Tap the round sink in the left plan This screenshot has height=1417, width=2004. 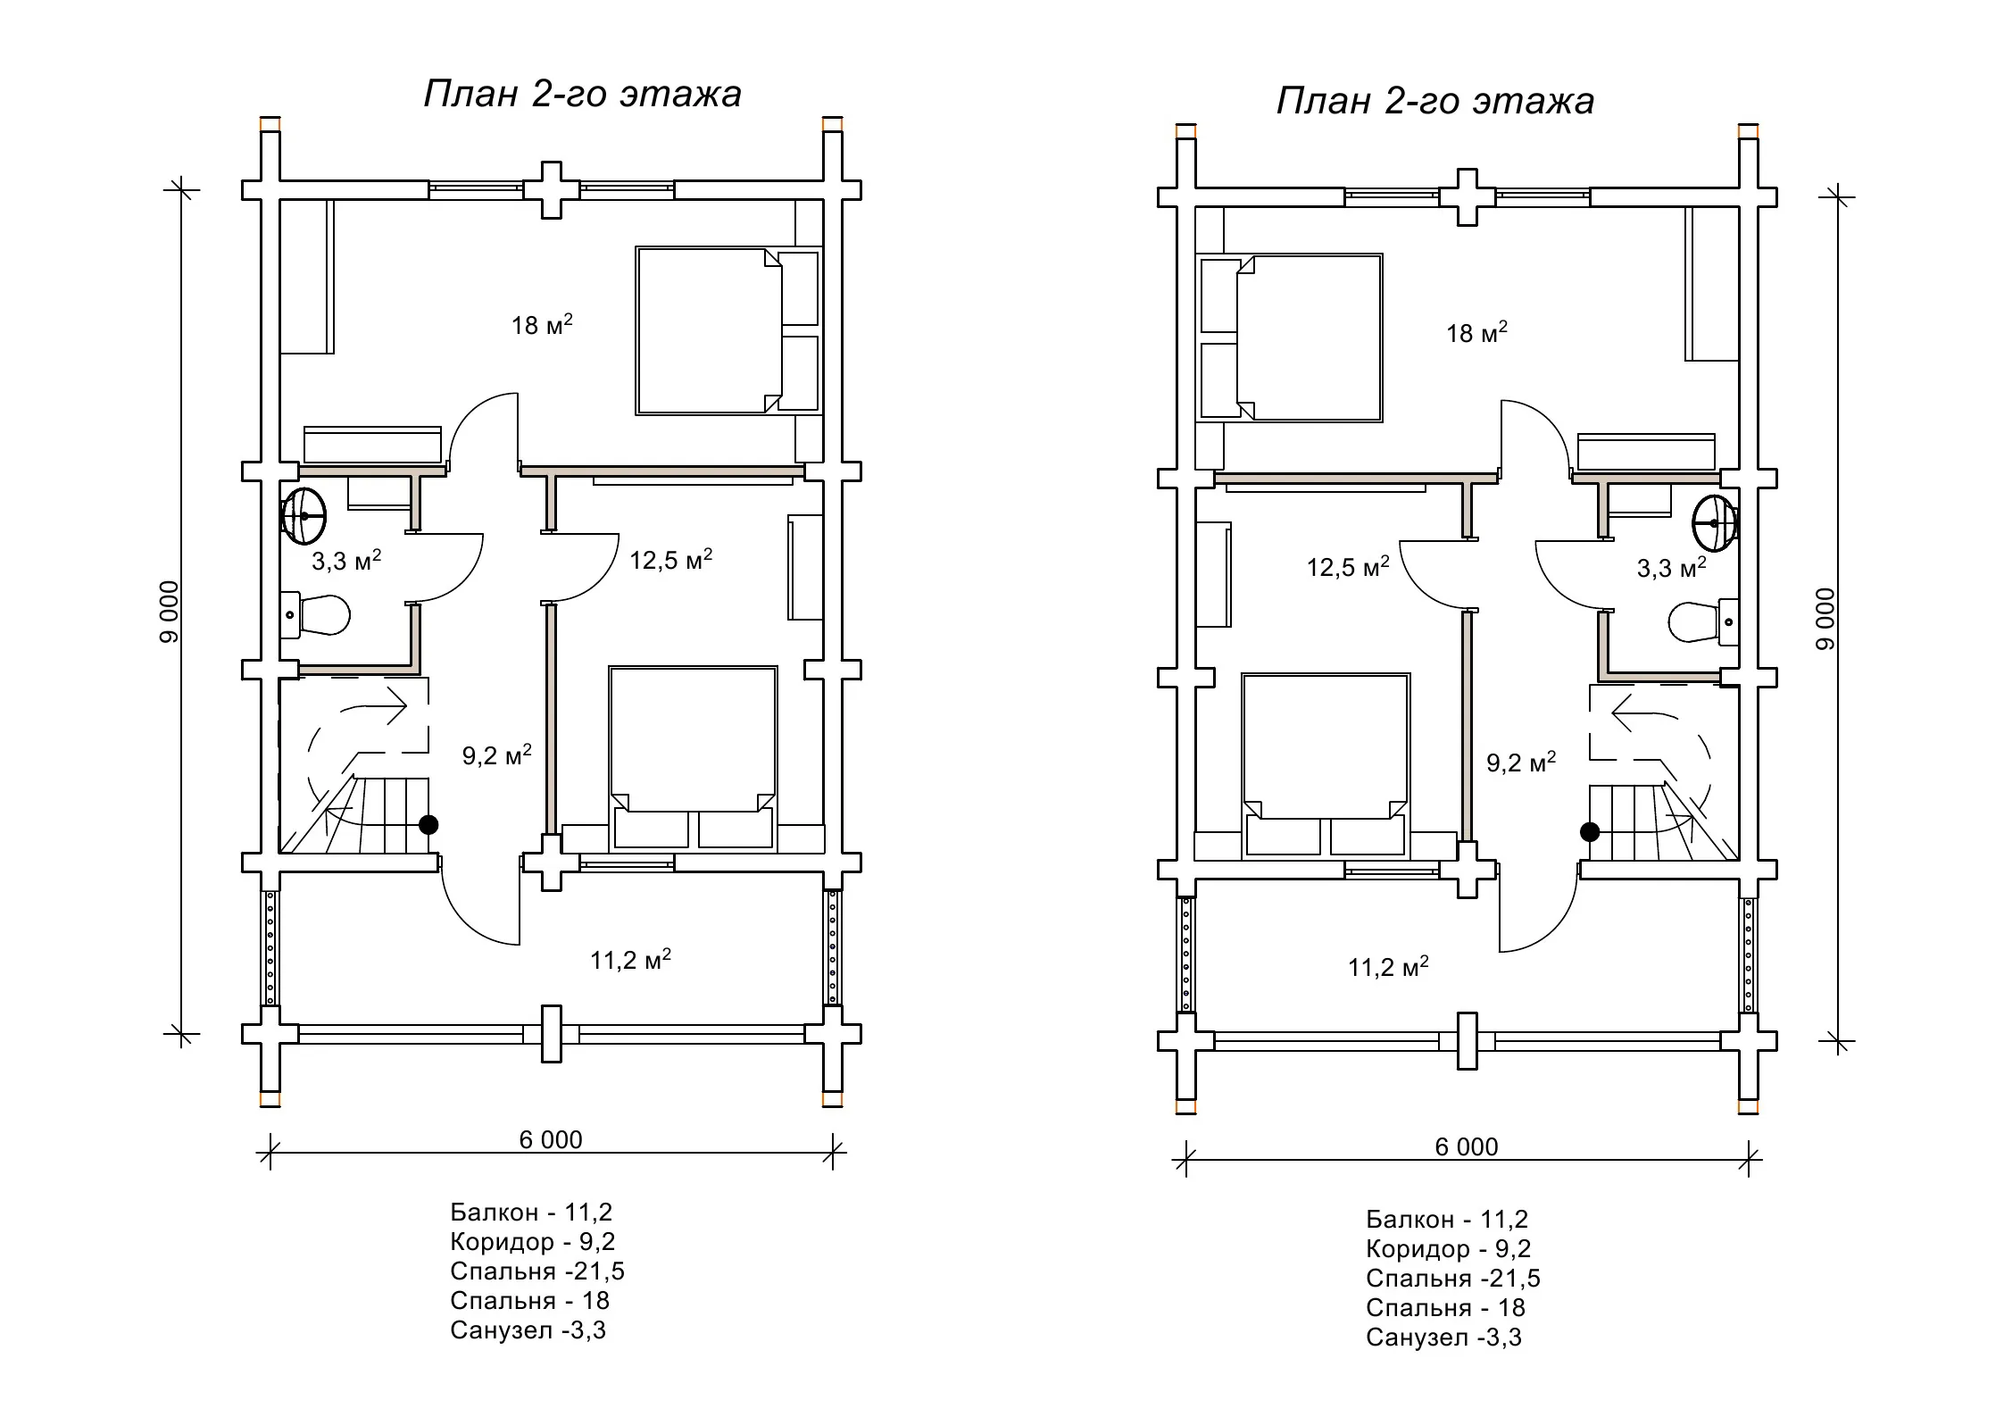(304, 516)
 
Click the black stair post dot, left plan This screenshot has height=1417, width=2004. (428, 824)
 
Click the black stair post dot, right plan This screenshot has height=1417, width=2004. (1590, 831)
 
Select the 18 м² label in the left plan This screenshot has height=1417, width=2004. (542, 324)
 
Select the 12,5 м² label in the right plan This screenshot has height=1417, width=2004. (1348, 567)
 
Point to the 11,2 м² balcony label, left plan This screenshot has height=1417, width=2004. (630, 960)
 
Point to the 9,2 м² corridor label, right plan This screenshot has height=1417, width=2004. (1521, 763)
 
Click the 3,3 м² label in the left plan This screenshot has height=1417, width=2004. (346, 561)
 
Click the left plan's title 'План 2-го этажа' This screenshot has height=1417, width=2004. (582, 94)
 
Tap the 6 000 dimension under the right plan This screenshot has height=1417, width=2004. (1467, 1147)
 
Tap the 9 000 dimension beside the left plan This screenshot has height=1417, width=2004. (170, 612)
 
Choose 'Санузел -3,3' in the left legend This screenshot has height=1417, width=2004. (528, 1330)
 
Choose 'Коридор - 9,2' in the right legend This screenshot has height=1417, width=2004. (1448, 1249)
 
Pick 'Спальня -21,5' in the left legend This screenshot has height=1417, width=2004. (537, 1271)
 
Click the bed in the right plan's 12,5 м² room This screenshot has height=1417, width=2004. (1326, 766)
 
